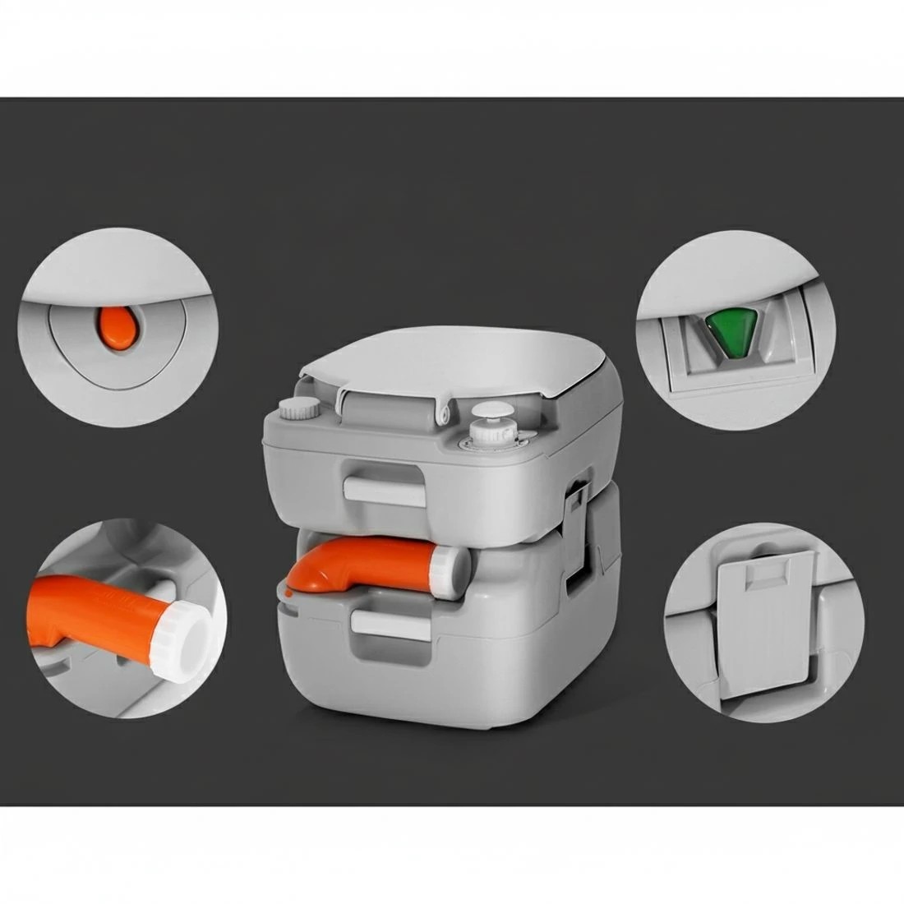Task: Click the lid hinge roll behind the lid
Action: (389, 407)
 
